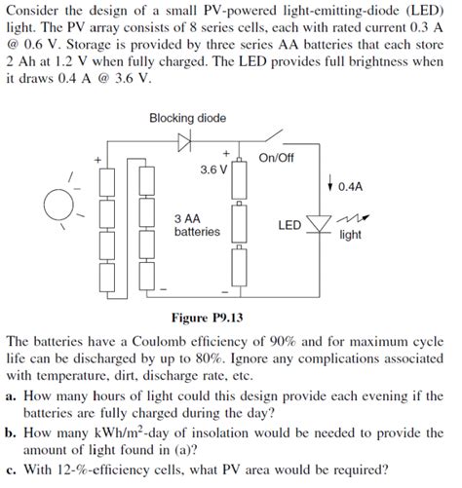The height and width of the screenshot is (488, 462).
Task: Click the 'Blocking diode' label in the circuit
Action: (x=187, y=118)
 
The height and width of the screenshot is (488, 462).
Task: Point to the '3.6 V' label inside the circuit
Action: (x=213, y=169)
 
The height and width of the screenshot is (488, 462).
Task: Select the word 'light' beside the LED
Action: (x=350, y=235)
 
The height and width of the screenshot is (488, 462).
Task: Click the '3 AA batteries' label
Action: (x=196, y=225)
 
